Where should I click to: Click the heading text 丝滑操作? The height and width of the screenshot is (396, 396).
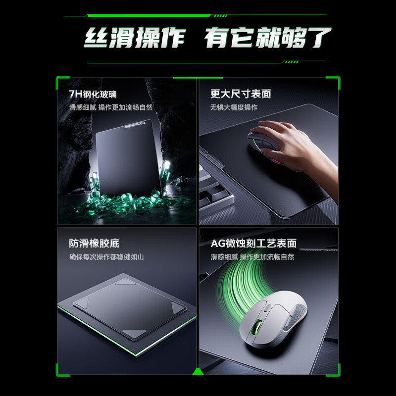pos(133,39)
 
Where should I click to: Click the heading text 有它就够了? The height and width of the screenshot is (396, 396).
pos(267,39)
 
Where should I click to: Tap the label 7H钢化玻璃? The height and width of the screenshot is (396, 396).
pos(93,94)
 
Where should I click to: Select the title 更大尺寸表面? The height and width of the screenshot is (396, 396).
pos(241,94)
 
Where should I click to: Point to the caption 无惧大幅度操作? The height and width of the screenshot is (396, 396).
pos(234,107)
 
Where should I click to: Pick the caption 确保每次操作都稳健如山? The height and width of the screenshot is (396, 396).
pos(106,257)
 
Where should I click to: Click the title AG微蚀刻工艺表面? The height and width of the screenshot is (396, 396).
pos(253,244)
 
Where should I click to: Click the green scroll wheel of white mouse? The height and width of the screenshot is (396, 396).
pos(257,328)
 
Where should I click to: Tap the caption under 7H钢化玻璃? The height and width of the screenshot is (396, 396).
pos(111,107)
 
